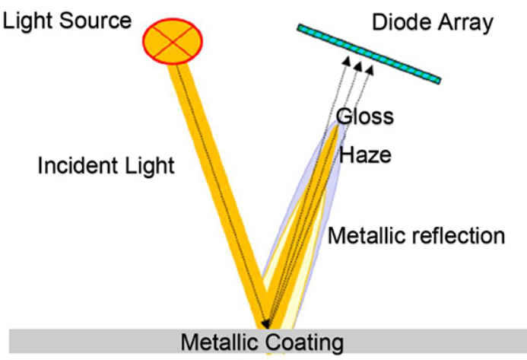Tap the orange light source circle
(173, 39)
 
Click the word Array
(464, 23)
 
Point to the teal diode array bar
(369, 53)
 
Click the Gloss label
(365, 116)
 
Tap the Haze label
(365, 155)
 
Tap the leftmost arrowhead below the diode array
(346, 60)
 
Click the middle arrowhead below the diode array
(358, 66)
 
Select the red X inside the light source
(173, 39)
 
